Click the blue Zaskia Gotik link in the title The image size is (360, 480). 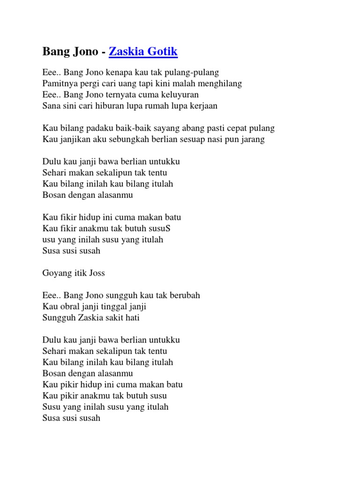point(143,52)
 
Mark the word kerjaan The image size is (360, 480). point(202,106)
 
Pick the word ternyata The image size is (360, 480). point(118,95)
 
